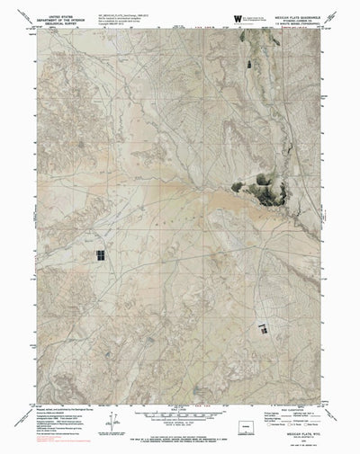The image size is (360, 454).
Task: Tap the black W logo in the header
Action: (237, 16)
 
